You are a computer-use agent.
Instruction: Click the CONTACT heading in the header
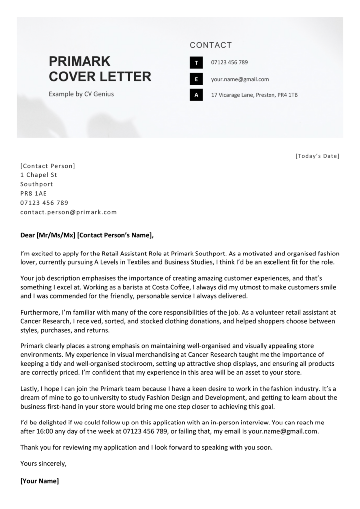pyautogui.click(x=211, y=45)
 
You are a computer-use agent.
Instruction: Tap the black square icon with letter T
pyautogui.click(x=196, y=63)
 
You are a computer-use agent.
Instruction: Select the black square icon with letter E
pyautogui.click(x=196, y=79)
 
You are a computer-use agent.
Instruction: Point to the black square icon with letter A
pyautogui.click(x=196, y=94)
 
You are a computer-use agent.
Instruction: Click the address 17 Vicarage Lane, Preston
pyautogui.click(x=254, y=94)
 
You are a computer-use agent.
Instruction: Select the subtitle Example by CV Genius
pyautogui.click(x=81, y=94)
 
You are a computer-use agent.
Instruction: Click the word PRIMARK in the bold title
pyautogui.click(x=80, y=61)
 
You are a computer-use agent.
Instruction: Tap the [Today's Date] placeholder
pyautogui.click(x=317, y=156)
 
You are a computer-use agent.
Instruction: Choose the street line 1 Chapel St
pyautogui.click(x=39, y=175)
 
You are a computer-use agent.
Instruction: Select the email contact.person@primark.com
pyautogui.click(x=69, y=212)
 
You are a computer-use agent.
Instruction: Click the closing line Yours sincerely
pyautogui.click(x=43, y=464)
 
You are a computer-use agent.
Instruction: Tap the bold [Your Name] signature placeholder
pyautogui.click(x=39, y=481)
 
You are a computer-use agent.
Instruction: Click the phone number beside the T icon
pyautogui.click(x=229, y=63)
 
